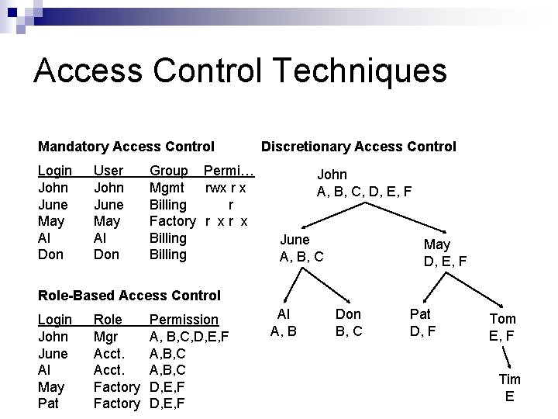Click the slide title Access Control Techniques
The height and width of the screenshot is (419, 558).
pos(240,71)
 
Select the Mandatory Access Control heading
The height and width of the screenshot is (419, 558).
pos(126,146)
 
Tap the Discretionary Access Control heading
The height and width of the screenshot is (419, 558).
pos(358,146)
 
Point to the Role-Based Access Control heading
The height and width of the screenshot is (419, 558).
pos(129,295)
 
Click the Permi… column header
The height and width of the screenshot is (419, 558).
pos(229,171)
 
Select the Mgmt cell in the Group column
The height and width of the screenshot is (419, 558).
pos(167,188)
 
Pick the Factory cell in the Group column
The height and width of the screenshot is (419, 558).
pos(172,221)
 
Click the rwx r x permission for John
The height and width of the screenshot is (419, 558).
pos(226,188)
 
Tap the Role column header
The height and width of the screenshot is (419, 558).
pos(108,320)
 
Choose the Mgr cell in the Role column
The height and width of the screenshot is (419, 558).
pos(105,337)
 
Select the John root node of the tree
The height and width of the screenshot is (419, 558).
pos(363,182)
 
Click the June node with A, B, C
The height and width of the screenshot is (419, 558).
pos(301,248)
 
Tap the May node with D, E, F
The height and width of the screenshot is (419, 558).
pos(445,253)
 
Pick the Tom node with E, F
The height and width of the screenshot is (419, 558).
pos(502,327)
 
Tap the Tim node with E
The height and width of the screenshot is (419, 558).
pos(509,387)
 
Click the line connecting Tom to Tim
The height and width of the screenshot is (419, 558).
pos(505,357)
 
